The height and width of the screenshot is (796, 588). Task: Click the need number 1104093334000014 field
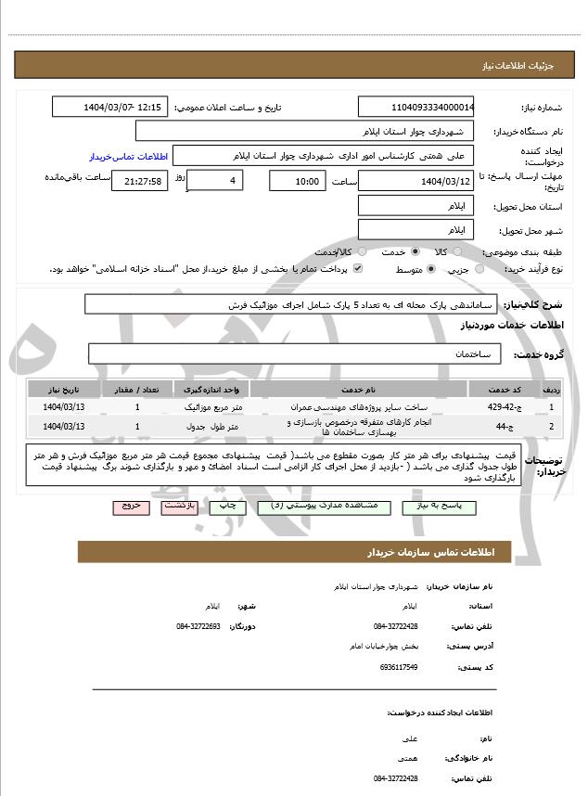(x=416, y=107)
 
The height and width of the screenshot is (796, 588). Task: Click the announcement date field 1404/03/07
(x=110, y=107)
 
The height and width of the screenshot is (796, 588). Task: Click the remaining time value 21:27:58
(x=140, y=181)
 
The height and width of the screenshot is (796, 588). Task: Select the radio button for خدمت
(x=415, y=251)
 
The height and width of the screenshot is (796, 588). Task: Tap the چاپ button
(x=227, y=507)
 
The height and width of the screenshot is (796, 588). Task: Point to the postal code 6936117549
(x=399, y=667)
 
